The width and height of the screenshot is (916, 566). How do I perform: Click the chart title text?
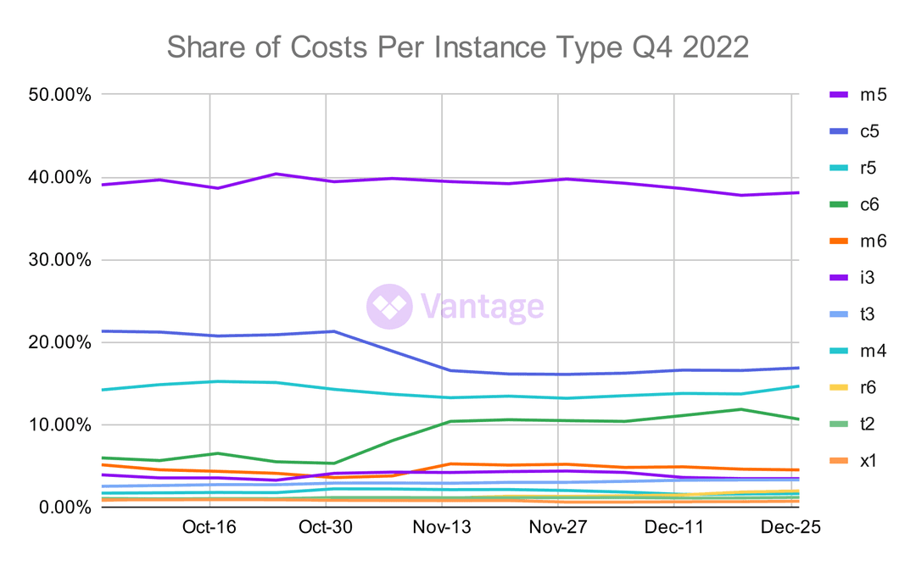[x=457, y=47]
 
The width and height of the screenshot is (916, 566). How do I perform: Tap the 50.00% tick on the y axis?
[x=59, y=95]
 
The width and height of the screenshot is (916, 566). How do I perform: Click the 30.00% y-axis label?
[x=59, y=260]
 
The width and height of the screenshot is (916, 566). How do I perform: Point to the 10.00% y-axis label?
[x=59, y=424]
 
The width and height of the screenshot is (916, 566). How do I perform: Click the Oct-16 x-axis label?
[x=209, y=528]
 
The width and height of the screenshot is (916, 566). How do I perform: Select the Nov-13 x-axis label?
[x=442, y=528]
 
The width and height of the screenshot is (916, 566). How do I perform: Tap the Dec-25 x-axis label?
[x=791, y=528]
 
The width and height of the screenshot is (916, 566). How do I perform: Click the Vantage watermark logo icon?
[x=389, y=306]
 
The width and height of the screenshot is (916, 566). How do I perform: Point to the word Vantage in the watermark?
[x=482, y=306]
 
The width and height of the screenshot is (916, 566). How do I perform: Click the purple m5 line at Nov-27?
[x=558, y=179]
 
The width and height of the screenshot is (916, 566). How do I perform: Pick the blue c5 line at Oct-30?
[x=325, y=331]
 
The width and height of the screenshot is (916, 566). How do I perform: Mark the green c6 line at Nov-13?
[x=442, y=421]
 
